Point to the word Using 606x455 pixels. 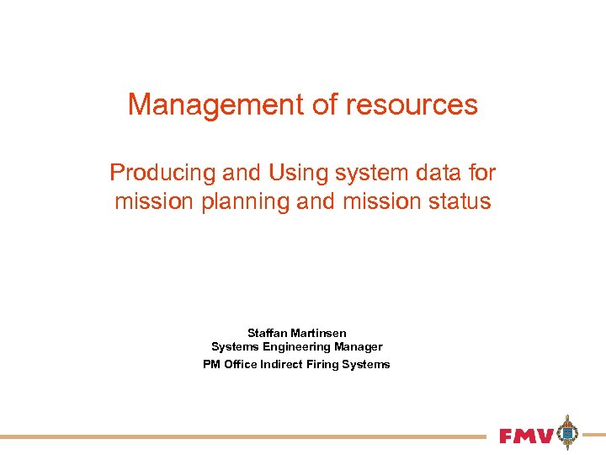pos(296,174)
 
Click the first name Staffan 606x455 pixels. pos(268,334)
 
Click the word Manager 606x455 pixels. pos(359,347)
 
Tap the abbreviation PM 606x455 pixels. pos(211,365)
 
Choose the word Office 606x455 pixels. pos(242,365)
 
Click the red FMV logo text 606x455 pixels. pos(526,436)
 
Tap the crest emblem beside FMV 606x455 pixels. pos(569,433)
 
